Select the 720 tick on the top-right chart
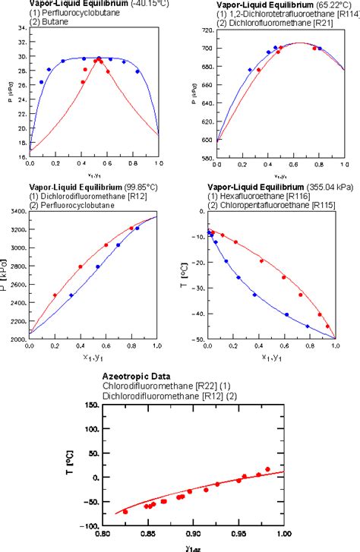204,30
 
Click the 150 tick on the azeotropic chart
92,405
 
